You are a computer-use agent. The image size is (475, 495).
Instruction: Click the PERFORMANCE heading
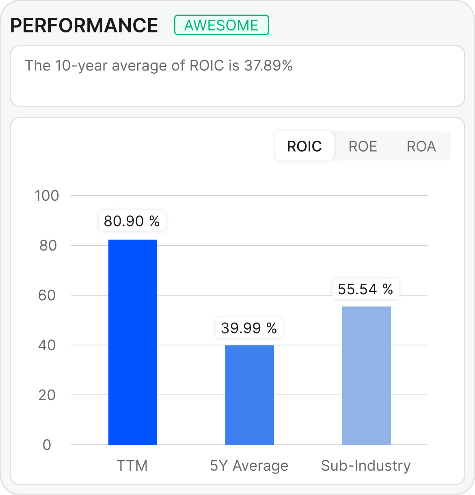click(84, 26)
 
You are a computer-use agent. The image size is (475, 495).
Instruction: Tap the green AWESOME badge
click(221, 25)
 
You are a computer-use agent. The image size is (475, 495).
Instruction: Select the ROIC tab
click(304, 146)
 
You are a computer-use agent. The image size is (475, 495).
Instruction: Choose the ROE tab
click(363, 146)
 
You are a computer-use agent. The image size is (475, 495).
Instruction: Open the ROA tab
click(421, 146)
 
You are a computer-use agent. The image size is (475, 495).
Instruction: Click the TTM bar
click(133, 342)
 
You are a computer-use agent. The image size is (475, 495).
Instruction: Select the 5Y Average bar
click(250, 395)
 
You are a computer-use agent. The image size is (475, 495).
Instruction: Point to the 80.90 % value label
click(132, 221)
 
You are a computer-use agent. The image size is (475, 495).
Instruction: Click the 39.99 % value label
click(249, 328)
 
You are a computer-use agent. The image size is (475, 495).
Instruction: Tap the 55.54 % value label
click(366, 289)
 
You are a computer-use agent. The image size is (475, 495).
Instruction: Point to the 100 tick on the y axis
click(47, 196)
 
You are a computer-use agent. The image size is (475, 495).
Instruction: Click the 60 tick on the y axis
click(47, 296)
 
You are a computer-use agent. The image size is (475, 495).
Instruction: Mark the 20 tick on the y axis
click(47, 395)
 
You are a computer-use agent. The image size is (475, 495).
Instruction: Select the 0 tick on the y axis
click(47, 445)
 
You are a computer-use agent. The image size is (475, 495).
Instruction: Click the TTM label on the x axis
click(132, 466)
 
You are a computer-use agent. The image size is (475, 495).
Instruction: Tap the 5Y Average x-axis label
click(249, 466)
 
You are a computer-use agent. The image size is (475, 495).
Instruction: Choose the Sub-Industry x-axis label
click(366, 466)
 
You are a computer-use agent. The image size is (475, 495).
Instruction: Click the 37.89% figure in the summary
click(268, 65)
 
